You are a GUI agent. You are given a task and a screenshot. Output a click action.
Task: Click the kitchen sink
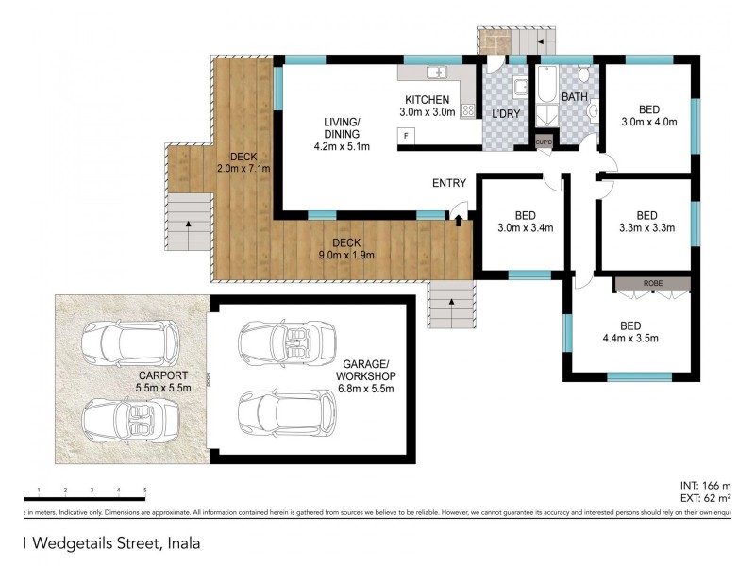click(x=436, y=73)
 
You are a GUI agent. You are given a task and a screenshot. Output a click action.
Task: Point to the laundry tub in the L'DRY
click(x=521, y=89)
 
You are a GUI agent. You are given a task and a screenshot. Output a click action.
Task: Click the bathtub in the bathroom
click(x=547, y=95)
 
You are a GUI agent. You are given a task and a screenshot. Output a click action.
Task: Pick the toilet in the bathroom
click(x=584, y=75)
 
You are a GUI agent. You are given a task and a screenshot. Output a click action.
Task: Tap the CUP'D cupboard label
click(x=545, y=141)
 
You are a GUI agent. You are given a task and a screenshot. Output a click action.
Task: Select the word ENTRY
click(x=450, y=183)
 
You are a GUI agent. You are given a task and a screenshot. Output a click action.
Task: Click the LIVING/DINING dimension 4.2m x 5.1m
click(x=342, y=146)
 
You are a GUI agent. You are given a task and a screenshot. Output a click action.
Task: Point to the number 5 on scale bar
click(x=144, y=490)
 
